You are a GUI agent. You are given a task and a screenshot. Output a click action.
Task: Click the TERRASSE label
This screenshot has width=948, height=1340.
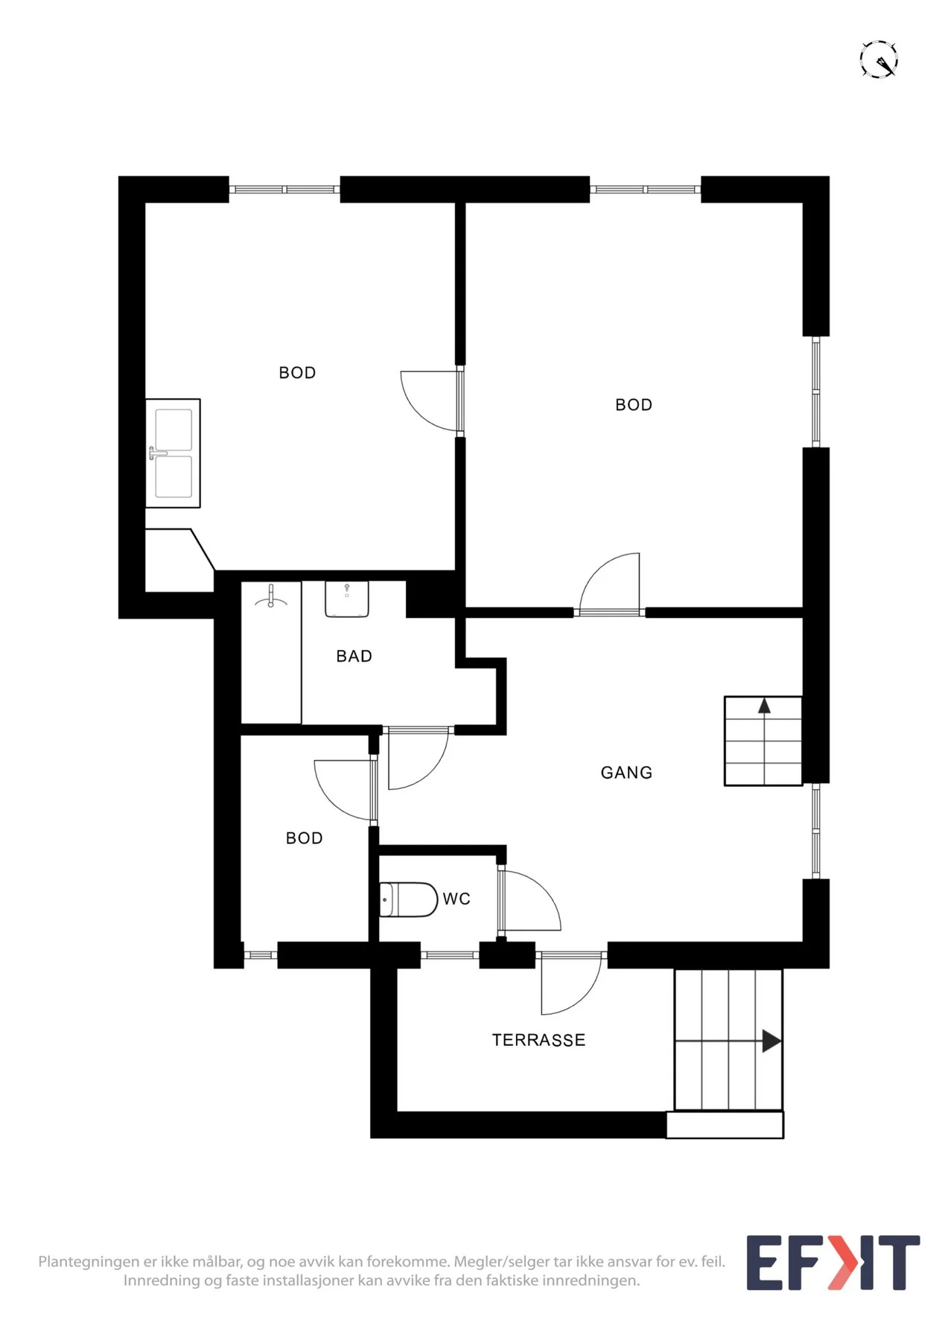click(538, 1040)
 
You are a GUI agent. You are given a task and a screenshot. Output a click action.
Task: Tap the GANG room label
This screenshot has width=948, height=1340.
click(626, 773)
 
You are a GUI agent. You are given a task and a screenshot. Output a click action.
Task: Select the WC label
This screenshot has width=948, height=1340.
click(456, 899)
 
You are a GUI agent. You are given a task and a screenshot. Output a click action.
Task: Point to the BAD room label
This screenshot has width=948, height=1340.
click(354, 656)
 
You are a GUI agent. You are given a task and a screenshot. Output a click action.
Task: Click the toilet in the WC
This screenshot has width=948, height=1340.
click(408, 899)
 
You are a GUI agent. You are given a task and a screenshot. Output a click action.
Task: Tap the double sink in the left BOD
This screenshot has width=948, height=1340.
click(174, 453)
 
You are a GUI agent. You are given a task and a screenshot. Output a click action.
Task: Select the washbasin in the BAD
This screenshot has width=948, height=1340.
click(347, 599)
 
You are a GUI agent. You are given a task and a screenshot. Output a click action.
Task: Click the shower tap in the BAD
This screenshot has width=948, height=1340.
click(271, 596)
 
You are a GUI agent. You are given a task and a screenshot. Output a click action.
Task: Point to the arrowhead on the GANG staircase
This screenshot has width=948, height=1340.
click(764, 706)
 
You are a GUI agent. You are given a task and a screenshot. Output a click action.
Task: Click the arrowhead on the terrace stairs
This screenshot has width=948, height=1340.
click(772, 1041)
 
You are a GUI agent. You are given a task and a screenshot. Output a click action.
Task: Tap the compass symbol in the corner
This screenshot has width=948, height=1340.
click(879, 60)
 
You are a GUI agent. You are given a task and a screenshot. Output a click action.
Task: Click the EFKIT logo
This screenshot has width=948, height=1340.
click(833, 1263)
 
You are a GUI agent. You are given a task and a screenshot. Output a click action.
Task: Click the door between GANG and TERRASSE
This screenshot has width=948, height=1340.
click(571, 983)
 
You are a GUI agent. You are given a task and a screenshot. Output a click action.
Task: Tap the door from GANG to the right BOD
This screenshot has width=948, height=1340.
click(610, 584)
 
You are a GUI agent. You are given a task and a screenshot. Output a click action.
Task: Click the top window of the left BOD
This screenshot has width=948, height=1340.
click(284, 189)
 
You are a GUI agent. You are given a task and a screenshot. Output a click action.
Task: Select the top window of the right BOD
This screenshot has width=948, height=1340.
click(646, 189)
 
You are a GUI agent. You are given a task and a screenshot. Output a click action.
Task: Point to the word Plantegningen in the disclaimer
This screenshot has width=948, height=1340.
click(89, 1263)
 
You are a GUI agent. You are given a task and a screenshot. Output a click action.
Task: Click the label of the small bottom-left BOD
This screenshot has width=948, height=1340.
click(304, 838)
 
